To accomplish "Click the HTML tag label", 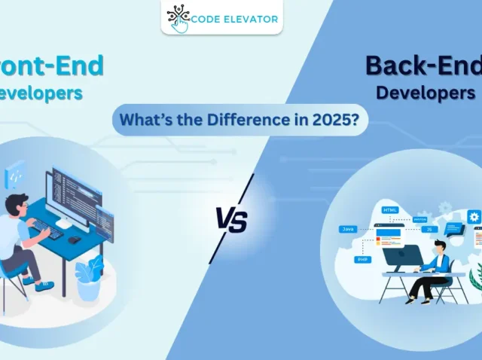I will pyautogui.click(x=390, y=210).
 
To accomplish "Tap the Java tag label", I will pyautogui.click(x=348, y=227).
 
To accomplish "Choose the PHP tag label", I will pyautogui.click(x=363, y=259).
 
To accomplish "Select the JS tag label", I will pyautogui.click(x=430, y=229).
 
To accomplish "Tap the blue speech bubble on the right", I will pyautogui.click(x=454, y=227).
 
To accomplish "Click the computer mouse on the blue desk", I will pyautogui.click(x=74, y=239).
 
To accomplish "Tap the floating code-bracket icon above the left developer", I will pyautogui.click(x=16, y=175).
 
